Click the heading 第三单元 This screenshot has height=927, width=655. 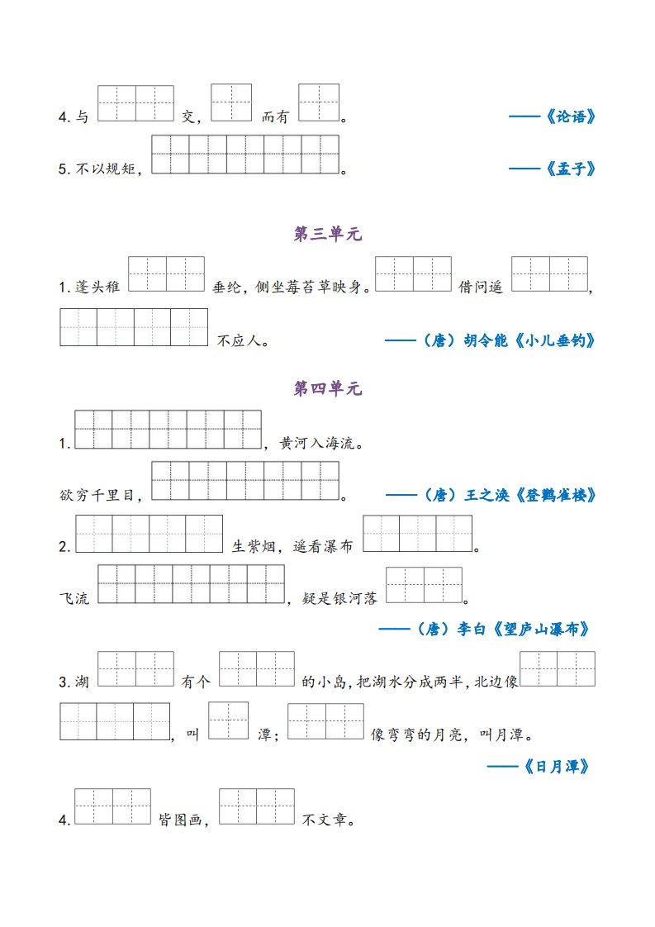coord(328,235)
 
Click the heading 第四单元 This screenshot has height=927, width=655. coord(328,389)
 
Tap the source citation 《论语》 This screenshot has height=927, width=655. coord(570,117)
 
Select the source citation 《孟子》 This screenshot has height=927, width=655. coord(570,169)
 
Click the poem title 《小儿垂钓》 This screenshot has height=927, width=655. coord(556,340)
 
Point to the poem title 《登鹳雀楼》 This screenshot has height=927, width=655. coord(556,495)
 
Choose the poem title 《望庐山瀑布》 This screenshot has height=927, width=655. coord(546,630)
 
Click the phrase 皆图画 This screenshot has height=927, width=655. coord(181,821)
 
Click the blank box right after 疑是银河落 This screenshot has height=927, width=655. coord(424,585)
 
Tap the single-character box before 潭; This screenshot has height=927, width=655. coord(228,720)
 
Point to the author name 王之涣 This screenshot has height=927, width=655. coord(486,495)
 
